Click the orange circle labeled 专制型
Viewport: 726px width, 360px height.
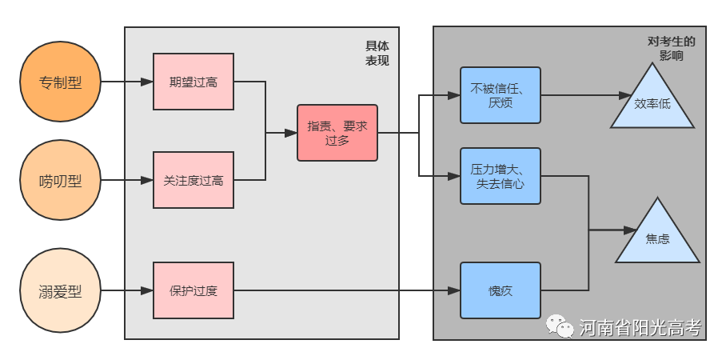(x=61, y=82)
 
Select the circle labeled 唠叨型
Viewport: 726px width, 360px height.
(x=61, y=181)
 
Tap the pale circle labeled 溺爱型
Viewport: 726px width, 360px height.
(x=61, y=290)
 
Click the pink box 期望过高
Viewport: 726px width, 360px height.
(x=193, y=82)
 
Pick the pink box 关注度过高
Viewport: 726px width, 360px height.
(x=193, y=180)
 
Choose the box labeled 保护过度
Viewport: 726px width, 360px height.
(x=193, y=290)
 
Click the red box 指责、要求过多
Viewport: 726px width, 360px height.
(x=337, y=132)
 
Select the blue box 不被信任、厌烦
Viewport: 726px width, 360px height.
(x=501, y=95)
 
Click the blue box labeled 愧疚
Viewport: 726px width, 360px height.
(x=501, y=290)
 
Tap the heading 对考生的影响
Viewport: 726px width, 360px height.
(x=671, y=49)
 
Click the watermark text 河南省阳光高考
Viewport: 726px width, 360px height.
(x=640, y=327)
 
